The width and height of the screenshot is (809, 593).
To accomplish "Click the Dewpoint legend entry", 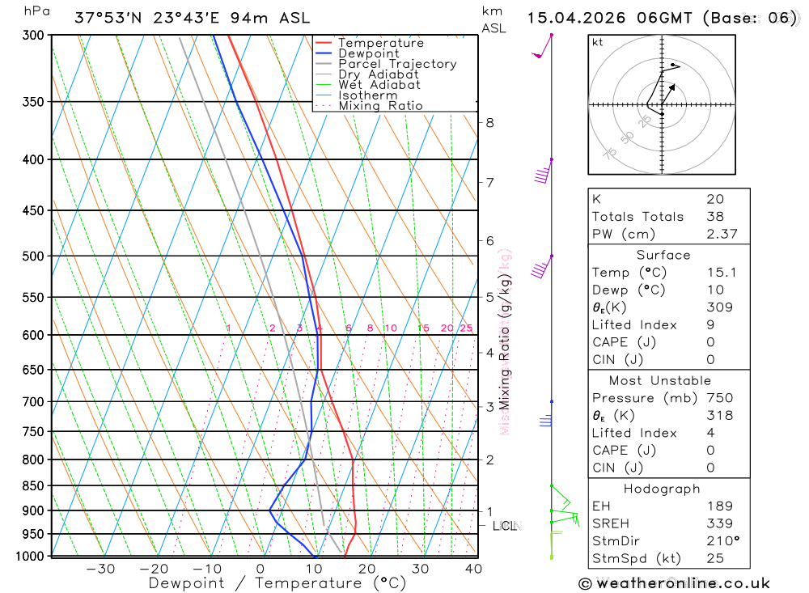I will pyautogui.click(x=368, y=53).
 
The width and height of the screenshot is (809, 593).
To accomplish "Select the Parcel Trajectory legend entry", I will pyautogui.click(x=397, y=64).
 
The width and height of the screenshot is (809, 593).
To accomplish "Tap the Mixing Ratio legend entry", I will pyautogui.click(x=380, y=106).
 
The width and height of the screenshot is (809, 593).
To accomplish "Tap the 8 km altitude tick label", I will pyautogui.click(x=489, y=123).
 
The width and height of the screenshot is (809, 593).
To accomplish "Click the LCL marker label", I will pyautogui.click(x=504, y=527).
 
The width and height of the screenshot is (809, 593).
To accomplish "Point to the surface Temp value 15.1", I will pyautogui.click(x=722, y=273).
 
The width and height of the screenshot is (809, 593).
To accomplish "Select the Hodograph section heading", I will pyautogui.click(x=663, y=489).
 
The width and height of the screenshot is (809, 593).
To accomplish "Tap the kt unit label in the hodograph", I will pyautogui.click(x=598, y=42).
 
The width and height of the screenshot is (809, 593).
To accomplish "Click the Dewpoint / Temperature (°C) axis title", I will pyautogui.click(x=277, y=582).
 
